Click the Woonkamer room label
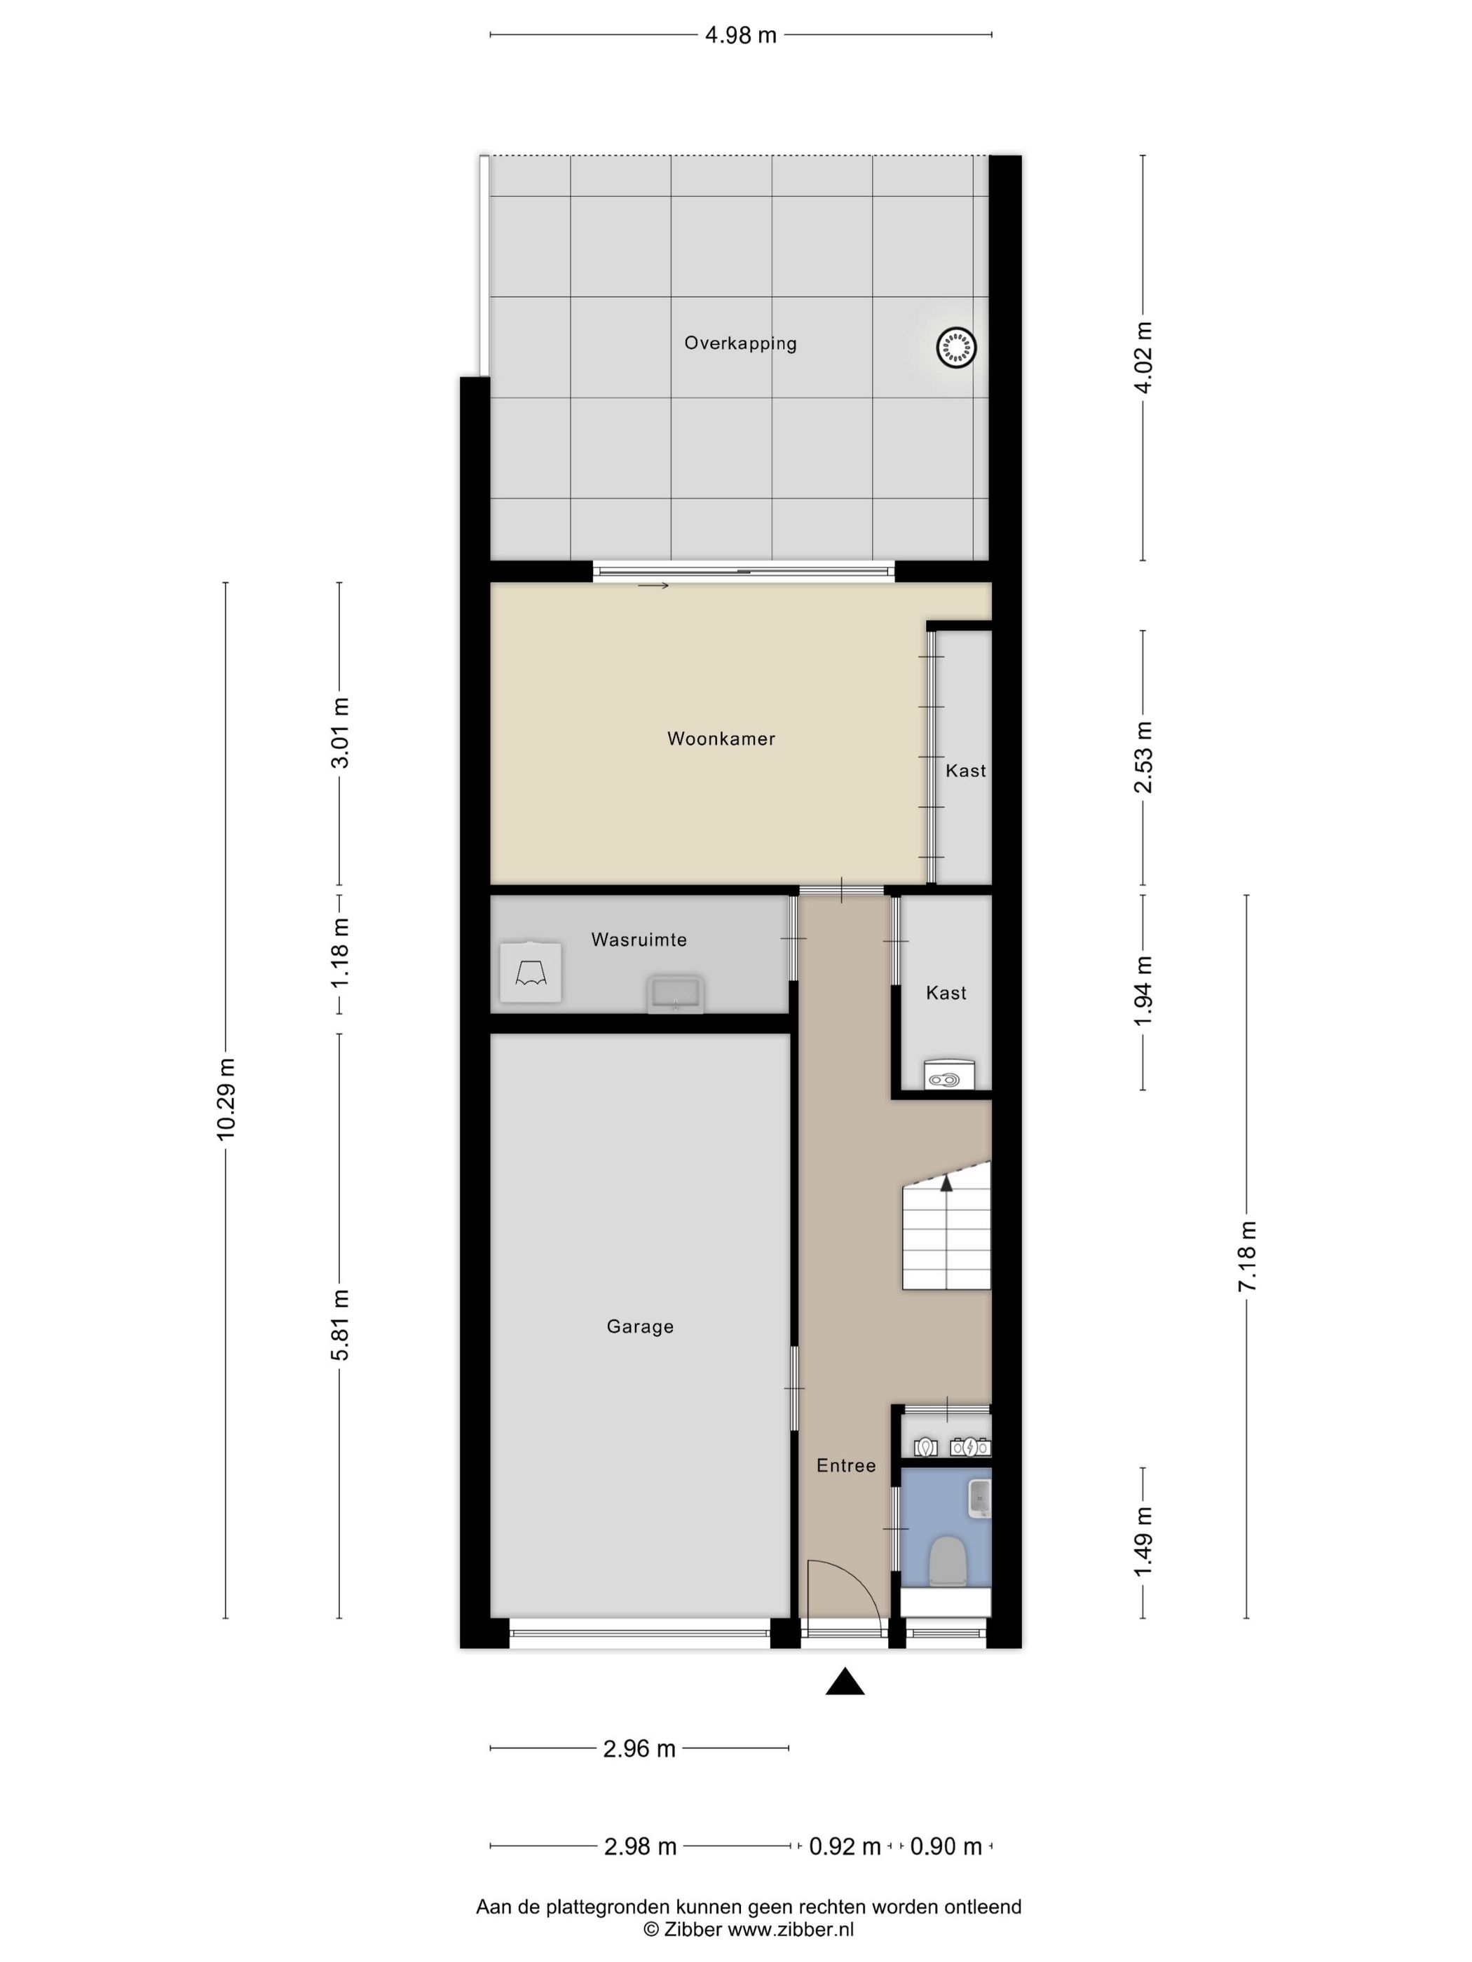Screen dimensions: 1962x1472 [x=721, y=738]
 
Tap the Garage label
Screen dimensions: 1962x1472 [x=640, y=1326]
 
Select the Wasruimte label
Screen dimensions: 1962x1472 [x=639, y=940]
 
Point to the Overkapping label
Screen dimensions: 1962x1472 [x=740, y=343]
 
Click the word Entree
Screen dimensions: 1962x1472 [x=845, y=1465]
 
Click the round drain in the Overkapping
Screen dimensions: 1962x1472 [x=955, y=346]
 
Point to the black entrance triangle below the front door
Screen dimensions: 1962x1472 [x=845, y=1682]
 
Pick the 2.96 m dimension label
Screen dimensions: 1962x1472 [x=639, y=1749]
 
